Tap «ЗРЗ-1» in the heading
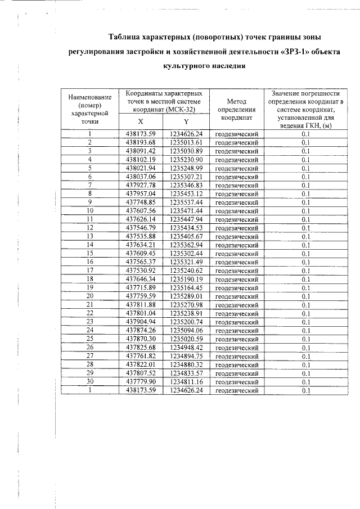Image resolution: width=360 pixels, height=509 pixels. coord(288,52)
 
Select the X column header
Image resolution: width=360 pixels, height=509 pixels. coord(141,121)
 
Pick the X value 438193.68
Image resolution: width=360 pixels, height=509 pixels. coord(141,142)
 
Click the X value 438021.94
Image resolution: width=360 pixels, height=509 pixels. coord(141,168)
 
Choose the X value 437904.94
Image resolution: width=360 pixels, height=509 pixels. coord(141,321)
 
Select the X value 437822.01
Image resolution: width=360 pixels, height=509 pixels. coord(141,364)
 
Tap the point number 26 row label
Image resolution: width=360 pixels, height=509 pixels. coord(89,347)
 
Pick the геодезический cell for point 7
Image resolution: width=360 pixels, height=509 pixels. coord(237,185)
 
